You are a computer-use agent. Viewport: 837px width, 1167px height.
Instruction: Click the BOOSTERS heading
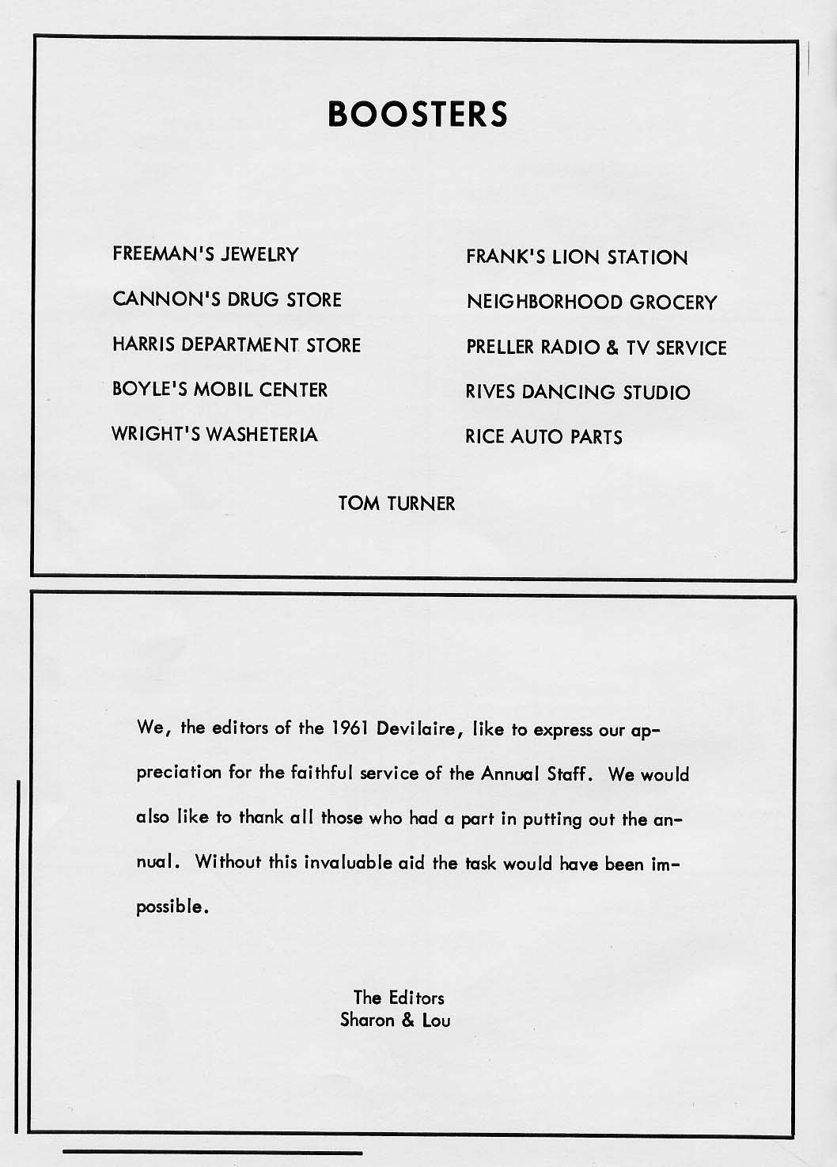418,113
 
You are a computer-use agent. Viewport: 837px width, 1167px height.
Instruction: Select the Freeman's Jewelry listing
206,255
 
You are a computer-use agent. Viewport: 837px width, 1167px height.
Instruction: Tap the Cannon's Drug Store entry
227,300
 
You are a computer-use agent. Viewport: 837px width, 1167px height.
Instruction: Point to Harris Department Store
236,345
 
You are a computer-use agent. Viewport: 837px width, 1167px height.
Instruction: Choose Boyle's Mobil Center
219,390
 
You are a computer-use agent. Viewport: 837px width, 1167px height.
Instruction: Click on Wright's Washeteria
214,435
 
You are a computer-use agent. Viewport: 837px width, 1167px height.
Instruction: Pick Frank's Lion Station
577,257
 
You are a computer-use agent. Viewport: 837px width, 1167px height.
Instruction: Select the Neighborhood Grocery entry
592,302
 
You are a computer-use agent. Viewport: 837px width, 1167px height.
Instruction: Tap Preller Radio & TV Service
596,348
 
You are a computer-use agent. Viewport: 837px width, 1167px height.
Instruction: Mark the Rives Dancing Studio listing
578,393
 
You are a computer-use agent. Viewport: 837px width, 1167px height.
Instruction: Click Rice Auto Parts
543,437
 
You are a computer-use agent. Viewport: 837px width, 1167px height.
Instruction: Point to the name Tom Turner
396,504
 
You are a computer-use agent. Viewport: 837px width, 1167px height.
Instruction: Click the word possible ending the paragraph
172,907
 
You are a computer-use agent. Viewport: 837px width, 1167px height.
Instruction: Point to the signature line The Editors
399,998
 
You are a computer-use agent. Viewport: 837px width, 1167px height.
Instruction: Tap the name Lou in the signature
436,1020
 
